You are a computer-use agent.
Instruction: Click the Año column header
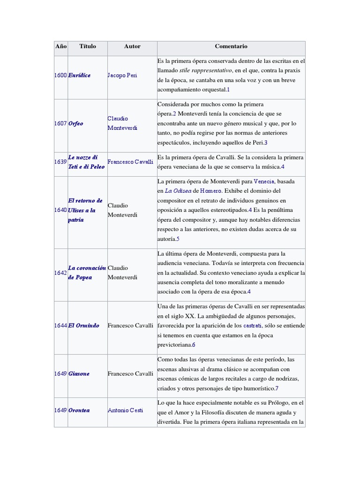click(x=61, y=46)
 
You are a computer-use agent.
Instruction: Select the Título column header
click(x=88, y=46)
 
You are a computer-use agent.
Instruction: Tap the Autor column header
click(x=132, y=46)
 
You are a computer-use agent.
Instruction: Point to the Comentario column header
click(x=231, y=46)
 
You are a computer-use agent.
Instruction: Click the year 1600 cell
click(x=61, y=75)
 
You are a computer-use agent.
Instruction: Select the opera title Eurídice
click(x=80, y=75)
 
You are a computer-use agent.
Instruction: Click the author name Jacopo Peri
click(x=122, y=75)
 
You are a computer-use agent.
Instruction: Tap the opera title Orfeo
click(x=76, y=124)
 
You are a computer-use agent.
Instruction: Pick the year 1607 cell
click(x=61, y=124)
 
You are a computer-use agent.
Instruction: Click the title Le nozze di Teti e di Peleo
click(x=86, y=162)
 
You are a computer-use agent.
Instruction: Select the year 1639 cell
click(x=61, y=162)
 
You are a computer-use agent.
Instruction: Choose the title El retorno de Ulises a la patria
click(x=85, y=210)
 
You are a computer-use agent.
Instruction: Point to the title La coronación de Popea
click(x=87, y=272)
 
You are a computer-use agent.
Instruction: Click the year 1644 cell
click(x=61, y=325)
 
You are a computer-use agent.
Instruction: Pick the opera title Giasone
click(x=79, y=374)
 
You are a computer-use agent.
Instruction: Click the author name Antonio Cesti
click(x=125, y=410)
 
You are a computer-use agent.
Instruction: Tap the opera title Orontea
click(x=79, y=410)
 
